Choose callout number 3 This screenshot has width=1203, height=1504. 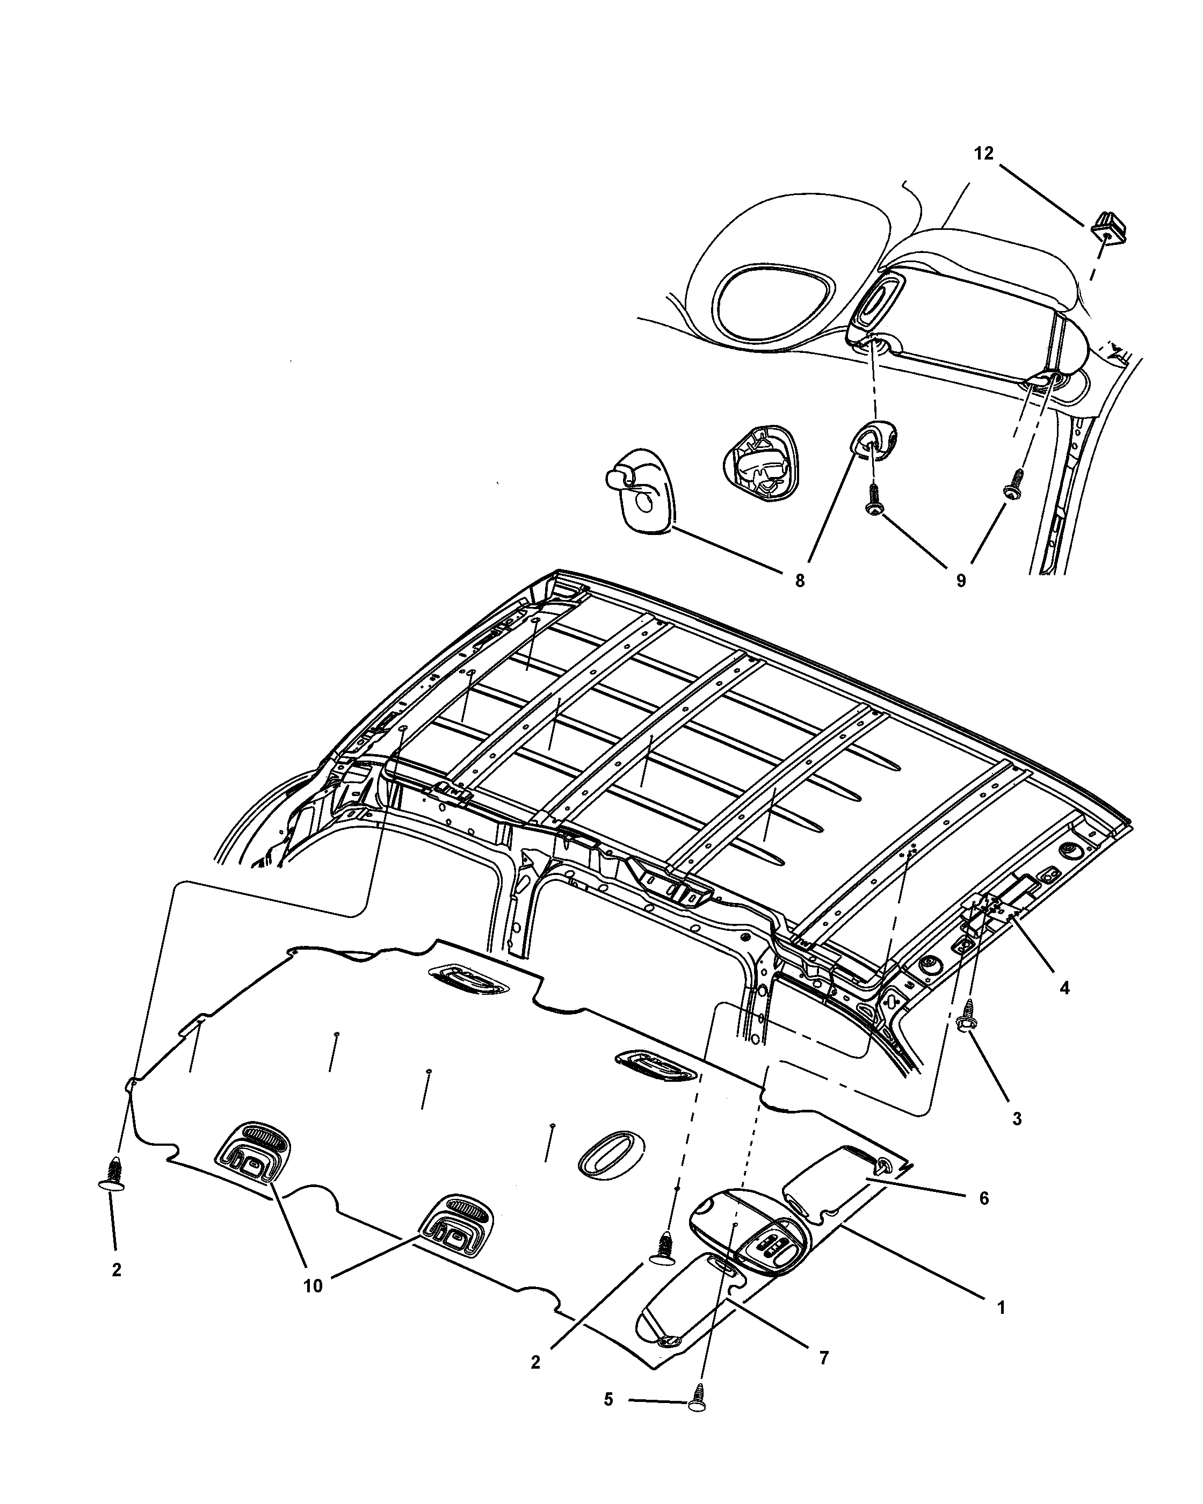coord(1017,1118)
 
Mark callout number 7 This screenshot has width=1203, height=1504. coord(824,1358)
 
